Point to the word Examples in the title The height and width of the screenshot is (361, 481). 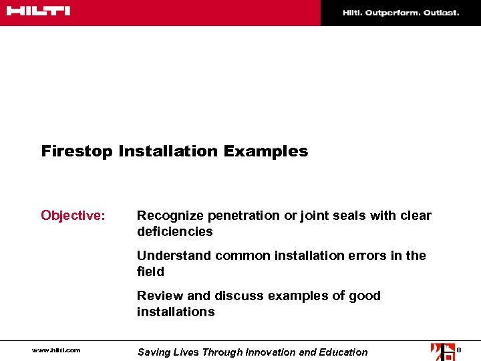pyautogui.click(x=266, y=152)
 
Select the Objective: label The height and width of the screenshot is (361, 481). pyautogui.click(x=73, y=215)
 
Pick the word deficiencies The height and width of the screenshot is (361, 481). pyautogui.click(x=174, y=232)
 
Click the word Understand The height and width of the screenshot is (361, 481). pyautogui.click(x=172, y=255)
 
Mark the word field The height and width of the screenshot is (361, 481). pyautogui.click(x=150, y=271)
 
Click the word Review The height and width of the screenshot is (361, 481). pyautogui.click(x=158, y=295)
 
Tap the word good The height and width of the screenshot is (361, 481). pyautogui.click(x=365, y=295)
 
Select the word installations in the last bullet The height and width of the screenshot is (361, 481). pyautogui.click(x=176, y=312)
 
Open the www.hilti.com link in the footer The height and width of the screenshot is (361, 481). pyautogui.click(x=55, y=350)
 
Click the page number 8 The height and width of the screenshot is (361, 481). pyautogui.click(x=459, y=350)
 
